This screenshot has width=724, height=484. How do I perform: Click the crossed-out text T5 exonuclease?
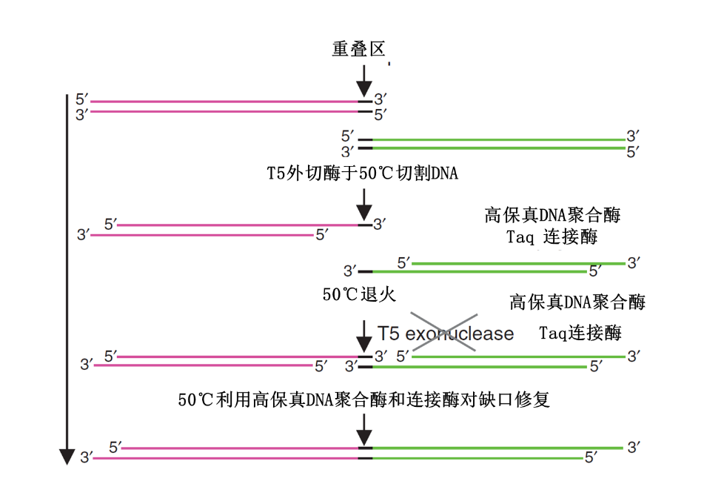tap(445, 334)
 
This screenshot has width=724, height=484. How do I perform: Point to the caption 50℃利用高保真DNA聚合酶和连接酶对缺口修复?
tap(363, 400)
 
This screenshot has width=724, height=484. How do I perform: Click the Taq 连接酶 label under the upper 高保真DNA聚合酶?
tap(552, 237)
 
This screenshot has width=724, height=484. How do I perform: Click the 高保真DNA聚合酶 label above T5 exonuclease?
tap(577, 302)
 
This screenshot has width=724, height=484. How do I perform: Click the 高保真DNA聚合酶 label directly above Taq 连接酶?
tap(552, 215)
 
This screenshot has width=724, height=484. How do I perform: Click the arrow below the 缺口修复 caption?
tap(363, 428)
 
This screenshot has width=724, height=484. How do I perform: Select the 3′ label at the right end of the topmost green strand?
tap(633, 136)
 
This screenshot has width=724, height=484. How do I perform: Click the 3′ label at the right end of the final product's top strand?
tap(633, 447)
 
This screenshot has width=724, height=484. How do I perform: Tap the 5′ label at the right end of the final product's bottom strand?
tap(591, 458)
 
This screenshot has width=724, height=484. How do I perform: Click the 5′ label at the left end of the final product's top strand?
tap(115, 447)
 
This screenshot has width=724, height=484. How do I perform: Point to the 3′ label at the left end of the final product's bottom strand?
tap(86, 457)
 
